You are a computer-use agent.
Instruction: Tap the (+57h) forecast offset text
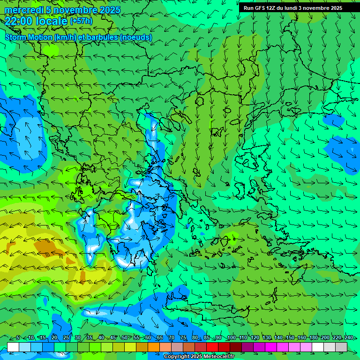pyautogui.click(x=81, y=21)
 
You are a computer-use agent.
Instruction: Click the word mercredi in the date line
pyautogui.click(x=24, y=10)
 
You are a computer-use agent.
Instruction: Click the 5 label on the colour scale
pyautogui.click(x=18, y=338)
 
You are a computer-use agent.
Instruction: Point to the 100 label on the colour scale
pyautogui.click(x=231, y=338)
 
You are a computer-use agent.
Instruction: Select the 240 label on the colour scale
pyautogui.click(x=349, y=338)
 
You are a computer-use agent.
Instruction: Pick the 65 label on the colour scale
pyautogui.click(x=160, y=338)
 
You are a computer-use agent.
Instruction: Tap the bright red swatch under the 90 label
pyautogui.click(x=212, y=347)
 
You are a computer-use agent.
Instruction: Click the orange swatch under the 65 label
pyautogui.click(x=154, y=347)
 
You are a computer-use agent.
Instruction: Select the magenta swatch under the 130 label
pyautogui.click(x=271, y=347)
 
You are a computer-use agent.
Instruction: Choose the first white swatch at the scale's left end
pyautogui.click(x=13, y=347)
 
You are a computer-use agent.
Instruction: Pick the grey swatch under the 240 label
pyautogui.click(x=341, y=347)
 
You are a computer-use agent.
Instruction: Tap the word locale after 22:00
pyautogui.click(x=52, y=21)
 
